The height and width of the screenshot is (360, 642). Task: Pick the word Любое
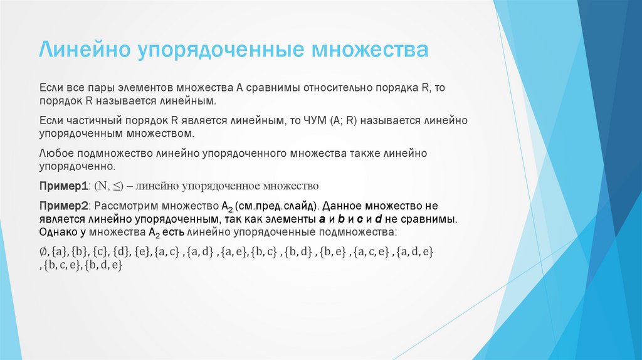pos(55,154)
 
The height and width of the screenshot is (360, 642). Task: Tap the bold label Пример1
pos(65,186)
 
